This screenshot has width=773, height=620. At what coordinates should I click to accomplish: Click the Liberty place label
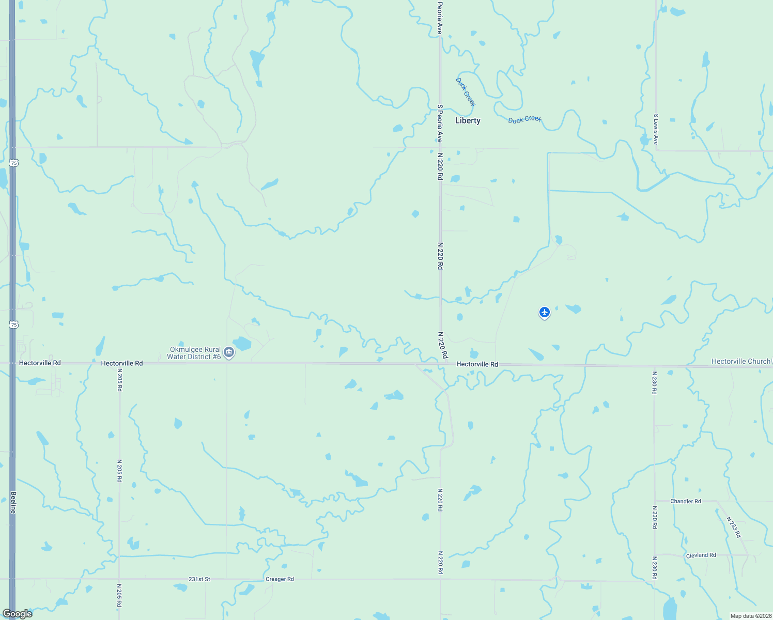pos(468,120)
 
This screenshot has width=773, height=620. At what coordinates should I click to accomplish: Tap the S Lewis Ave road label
pos(656,129)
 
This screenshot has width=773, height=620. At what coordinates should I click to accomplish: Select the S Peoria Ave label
pos(440,123)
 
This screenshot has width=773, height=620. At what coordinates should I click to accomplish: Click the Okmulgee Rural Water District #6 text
pos(194,353)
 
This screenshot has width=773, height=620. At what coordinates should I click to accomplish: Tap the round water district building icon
pos(229,353)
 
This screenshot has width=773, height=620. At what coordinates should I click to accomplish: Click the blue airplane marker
pos(544,312)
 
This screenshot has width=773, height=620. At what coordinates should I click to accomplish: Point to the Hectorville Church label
pos(740,361)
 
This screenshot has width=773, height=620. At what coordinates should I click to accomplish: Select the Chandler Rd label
pos(685,501)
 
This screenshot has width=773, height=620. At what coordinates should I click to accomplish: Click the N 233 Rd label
pos(733,527)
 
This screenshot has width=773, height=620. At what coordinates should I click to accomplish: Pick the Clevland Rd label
pos(701,555)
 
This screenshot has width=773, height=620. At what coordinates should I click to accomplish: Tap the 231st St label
pos(199,579)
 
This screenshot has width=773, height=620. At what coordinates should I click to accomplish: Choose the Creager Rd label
pos(280,579)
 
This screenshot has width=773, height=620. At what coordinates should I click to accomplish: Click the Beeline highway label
pos(13,502)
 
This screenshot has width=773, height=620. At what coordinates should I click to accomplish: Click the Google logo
pos(18,614)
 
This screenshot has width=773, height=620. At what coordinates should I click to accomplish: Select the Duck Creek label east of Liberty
pos(524,119)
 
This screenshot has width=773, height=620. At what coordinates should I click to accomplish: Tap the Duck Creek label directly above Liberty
pos(465,92)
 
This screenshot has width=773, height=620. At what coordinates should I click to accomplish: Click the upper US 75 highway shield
pos(14,163)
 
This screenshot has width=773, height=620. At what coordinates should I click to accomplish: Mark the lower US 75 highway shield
pos(14,324)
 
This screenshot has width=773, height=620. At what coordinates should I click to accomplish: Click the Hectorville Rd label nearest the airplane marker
pos(477,364)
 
